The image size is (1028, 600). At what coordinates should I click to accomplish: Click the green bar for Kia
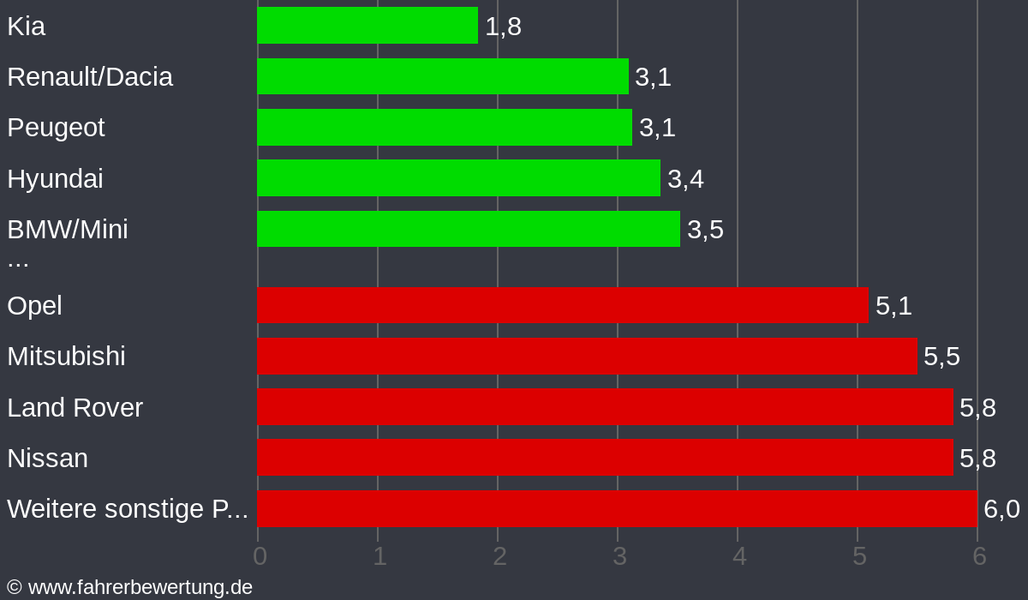tap(367, 26)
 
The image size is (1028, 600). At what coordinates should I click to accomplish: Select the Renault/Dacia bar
tap(442, 76)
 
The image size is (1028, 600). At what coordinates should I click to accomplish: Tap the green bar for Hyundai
tap(458, 178)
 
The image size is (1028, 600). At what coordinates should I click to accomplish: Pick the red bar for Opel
tap(562, 306)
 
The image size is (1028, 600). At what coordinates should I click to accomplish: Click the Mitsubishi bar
tap(587, 357)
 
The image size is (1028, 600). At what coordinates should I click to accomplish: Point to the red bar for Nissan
tap(605, 458)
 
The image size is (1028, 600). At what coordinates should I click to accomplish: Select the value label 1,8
tap(503, 27)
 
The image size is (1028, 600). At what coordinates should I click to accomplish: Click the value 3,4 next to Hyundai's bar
tap(685, 179)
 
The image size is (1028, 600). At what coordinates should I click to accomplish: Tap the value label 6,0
tap(1001, 509)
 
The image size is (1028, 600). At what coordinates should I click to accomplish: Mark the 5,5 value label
tap(941, 357)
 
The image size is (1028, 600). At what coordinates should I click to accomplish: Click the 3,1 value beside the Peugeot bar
tap(657, 128)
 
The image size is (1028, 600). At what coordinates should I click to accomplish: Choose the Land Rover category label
tap(75, 407)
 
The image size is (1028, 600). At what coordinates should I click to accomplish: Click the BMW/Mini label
tap(68, 230)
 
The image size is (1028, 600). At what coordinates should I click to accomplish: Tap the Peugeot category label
tap(56, 128)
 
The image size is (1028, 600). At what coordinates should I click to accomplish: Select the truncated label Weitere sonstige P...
tap(127, 509)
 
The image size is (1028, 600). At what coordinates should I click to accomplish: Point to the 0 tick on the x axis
tap(260, 556)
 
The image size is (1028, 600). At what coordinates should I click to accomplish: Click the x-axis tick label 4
tap(739, 556)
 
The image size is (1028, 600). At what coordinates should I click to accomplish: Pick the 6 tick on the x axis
tap(979, 556)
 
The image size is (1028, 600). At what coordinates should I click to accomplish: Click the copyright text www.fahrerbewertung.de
tap(130, 587)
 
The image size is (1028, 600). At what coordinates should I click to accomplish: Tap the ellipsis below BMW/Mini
tap(18, 261)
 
